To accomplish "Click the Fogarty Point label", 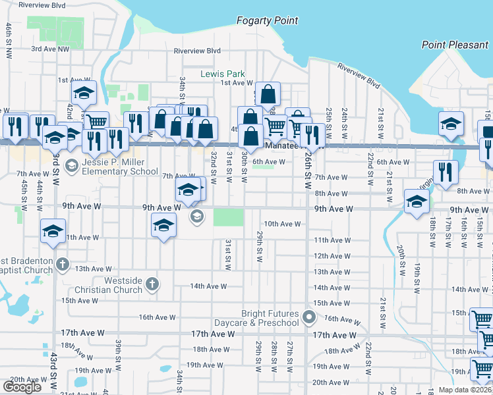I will (268, 21).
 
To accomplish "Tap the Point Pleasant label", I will (455, 45).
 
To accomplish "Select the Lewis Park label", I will (223, 74).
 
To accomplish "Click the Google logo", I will (22, 387).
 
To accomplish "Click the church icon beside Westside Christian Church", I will (152, 285).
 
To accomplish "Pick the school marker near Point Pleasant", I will (451, 124).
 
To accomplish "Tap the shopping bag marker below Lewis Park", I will (268, 94).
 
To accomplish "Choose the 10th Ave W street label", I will (282, 224).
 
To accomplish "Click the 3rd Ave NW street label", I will (49, 49).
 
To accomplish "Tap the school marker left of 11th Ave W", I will (53, 231).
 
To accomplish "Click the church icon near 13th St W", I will (63, 265).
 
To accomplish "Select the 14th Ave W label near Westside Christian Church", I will (208, 286).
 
